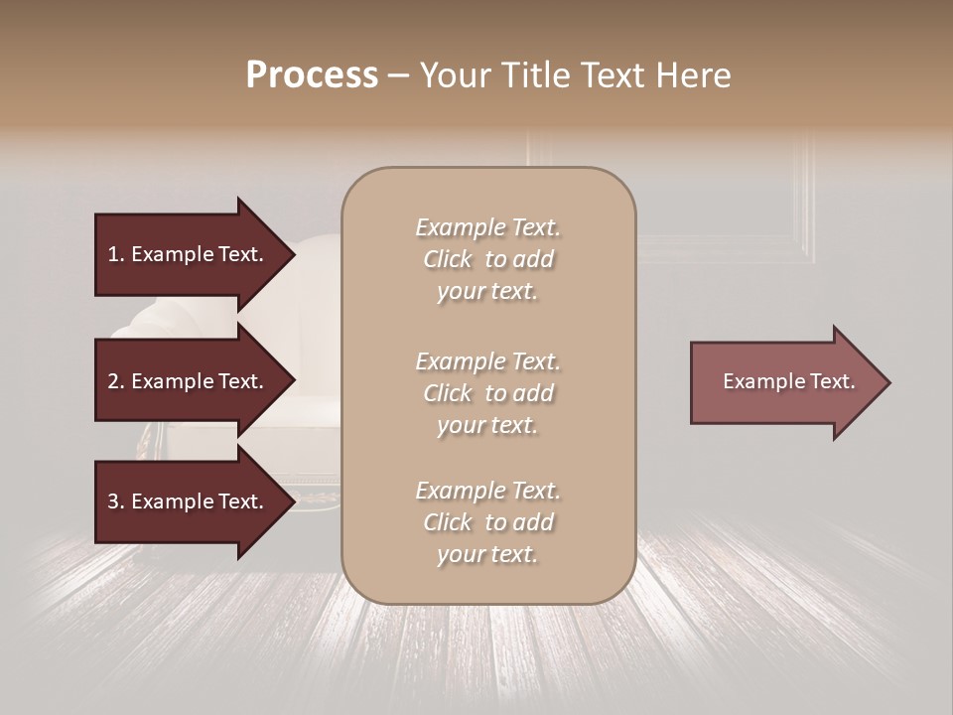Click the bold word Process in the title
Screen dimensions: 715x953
coord(312,74)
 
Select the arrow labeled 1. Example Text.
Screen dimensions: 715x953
coord(185,254)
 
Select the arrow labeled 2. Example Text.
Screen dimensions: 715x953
coord(185,381)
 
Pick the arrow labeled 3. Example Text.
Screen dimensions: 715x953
coord(185,501)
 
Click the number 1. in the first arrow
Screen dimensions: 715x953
coord(115,254)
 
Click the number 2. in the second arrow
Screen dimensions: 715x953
coord(115,381)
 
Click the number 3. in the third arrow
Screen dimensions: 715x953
coord(115,501)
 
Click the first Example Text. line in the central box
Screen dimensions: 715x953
coord(487,227)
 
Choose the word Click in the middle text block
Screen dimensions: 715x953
coord(447,393)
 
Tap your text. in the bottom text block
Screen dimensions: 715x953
coord(487,555)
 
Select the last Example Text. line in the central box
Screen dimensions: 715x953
coord(487,491)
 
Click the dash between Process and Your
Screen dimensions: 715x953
coord(399,75)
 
